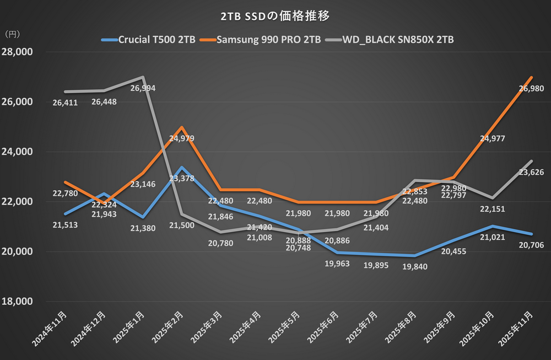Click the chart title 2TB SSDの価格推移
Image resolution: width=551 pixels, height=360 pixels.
click(275, 16)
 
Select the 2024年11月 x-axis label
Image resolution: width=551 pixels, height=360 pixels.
click(51, 330)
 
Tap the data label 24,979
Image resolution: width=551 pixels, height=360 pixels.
click(181, 138)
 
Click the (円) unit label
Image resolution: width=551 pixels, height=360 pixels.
click(12, 34)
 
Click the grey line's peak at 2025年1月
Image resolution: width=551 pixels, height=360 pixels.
click(142, 77)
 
